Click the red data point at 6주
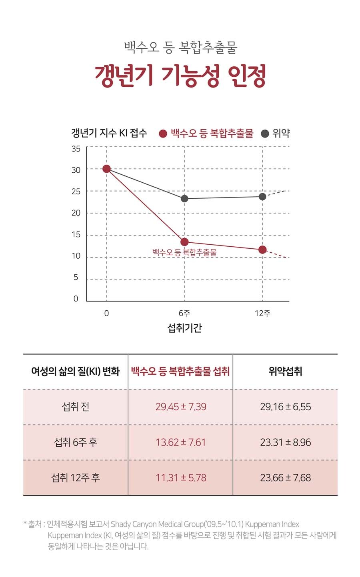[184, 242]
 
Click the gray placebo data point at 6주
[184, 198]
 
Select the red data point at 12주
[262, 250]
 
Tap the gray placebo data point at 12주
[262, 197]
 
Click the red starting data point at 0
[106, 169]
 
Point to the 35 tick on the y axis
[76, 149]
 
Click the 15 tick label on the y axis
[76, 235]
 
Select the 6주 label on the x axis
[184, 313]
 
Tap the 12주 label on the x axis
[262, 313]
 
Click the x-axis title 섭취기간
[184, 328]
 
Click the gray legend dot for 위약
[265, 134]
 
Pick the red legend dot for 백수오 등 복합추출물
[163, 134]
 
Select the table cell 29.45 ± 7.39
[181, 407]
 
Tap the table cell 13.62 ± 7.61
[181, 443]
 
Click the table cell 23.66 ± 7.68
[285, 478]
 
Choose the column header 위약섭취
[285, 372]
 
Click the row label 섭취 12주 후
[76, 478]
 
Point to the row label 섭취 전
[76, 407]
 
